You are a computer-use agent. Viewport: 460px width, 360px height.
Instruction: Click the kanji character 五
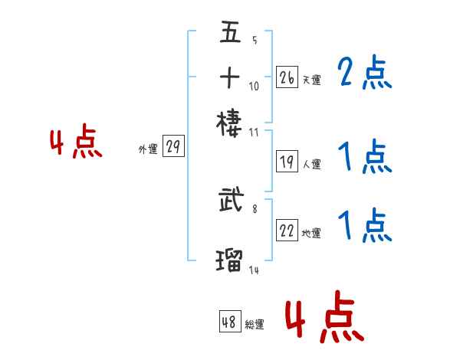click(230, 34)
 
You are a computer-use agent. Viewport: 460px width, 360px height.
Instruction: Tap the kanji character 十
click(230, 77)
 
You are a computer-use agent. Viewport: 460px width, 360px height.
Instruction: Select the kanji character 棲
click(230, 121)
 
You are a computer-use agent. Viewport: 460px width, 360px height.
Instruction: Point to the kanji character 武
click(230, 202)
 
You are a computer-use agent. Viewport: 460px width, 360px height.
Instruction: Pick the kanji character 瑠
click(230, 259)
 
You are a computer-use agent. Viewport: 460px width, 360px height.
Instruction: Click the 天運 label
click(311, 79)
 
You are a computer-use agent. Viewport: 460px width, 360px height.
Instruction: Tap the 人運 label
click(311, 163)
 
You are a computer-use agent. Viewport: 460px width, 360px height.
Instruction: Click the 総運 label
click(255, 324)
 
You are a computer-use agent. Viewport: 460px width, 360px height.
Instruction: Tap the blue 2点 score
click(364, 74)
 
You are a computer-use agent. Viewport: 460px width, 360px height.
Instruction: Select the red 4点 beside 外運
click(77, 143)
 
